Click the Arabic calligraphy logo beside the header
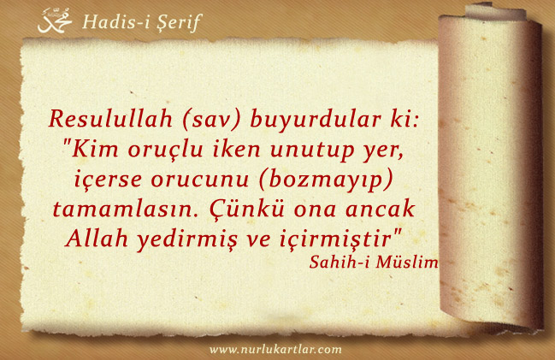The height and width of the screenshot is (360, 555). (x=55, y=21)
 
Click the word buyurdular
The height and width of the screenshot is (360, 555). (x=310, y=119)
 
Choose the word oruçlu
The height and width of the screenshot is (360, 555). (x=165, y=149)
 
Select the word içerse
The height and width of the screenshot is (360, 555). (x=108, y=179)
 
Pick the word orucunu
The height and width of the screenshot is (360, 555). (x=199, y=179)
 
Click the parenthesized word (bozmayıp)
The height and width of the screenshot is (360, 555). (x=326, y=179)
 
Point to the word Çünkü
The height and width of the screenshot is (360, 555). (x=246, y=208)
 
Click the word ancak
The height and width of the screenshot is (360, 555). (x=380, y=208)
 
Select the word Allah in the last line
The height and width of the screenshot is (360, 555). (x=97, y=238)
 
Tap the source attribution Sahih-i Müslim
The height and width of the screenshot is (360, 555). (x=374, y=262)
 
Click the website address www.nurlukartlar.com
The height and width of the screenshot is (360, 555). (x=275, y=350)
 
